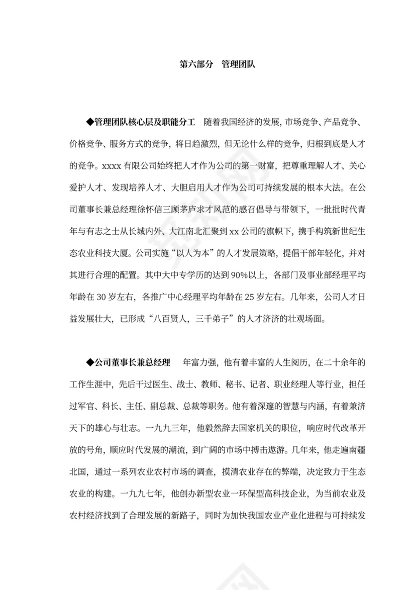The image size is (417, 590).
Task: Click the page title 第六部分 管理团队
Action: [x=218, y=64]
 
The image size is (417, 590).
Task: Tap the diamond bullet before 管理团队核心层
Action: [x=90, y=122]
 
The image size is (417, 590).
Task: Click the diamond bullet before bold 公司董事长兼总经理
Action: [x=90, y=362]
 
